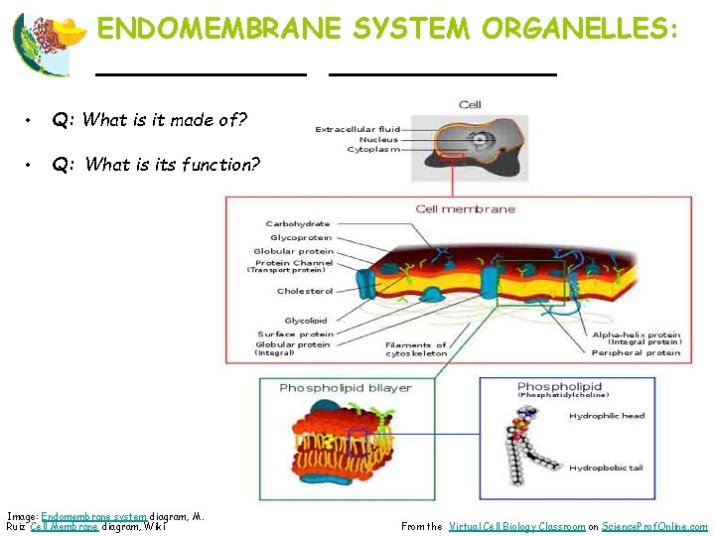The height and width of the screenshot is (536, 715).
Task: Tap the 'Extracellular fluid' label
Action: (x=357, y=129)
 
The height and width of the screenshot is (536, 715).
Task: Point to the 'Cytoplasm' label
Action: (x=374, y=150)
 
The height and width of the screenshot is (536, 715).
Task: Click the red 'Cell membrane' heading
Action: (x=465, y=209)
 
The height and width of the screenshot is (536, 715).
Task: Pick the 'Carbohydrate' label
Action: (x=298, y=224)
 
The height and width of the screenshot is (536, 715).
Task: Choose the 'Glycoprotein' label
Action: (x=301, y=238)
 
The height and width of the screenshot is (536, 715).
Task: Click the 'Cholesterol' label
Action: (x=305, y=292)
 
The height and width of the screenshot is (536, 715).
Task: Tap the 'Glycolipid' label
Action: (x=306, y=321)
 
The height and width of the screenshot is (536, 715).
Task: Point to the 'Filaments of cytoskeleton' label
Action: (x=416, y=348)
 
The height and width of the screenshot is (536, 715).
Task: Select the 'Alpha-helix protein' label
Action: (x=637, y=335)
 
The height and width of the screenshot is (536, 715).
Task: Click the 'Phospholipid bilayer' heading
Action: (x=345, y=387)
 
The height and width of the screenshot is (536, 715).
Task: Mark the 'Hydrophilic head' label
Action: (x=606, y=416)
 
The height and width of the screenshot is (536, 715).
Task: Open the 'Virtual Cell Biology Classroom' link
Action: (x=516, y=527)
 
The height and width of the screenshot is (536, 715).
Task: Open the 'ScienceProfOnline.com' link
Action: (x=655, y=527)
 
